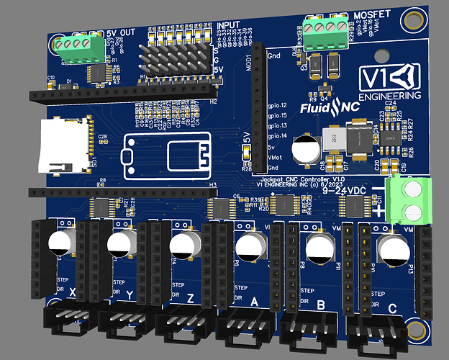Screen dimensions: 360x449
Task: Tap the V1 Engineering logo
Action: click(390, 81)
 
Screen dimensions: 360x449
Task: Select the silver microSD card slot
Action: click(63, 148)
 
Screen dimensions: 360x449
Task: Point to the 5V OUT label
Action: click(119, 33)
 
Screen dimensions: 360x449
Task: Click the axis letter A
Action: click(253, 303)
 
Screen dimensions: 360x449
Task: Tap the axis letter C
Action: click(393, 309)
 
